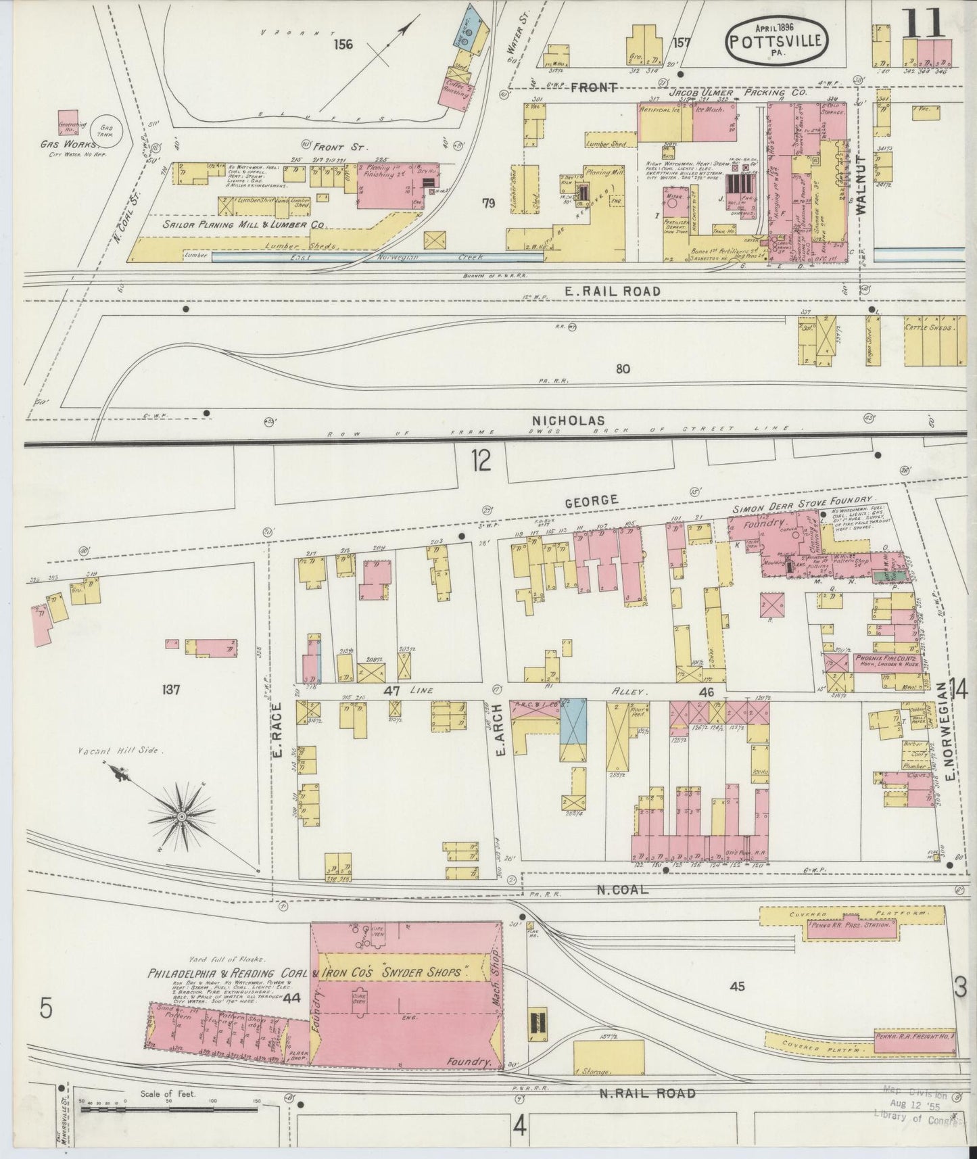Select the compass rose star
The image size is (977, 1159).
click(x=181, y=816)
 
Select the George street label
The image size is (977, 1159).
click(x=591, y=500)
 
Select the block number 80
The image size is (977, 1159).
click(x=623, y=369)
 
